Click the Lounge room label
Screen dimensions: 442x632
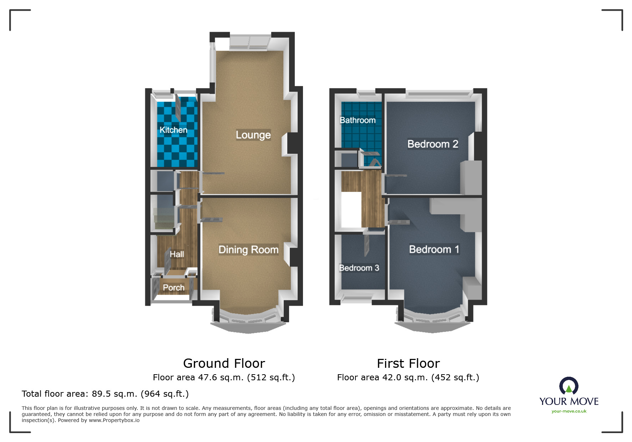[253, 135]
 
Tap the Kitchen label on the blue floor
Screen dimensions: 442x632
[173, 130]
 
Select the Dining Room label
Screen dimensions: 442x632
[248, 250]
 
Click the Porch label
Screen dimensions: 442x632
[173, 288]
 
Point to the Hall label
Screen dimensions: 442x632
[177, 254]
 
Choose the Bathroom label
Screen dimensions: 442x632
[358, 120]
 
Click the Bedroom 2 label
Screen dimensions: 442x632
[433, 144]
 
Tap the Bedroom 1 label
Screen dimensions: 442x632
[434, 249]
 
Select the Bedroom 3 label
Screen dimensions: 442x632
[359, 268]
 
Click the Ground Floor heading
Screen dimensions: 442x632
[224, 364]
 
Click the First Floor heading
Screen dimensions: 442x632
[408, 364]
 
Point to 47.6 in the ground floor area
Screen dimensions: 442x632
[207, 377]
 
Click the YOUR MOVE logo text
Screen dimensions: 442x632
[569, 401]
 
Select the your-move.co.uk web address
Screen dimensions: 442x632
[569, 411]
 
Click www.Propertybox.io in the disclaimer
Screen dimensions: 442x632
[114, 420]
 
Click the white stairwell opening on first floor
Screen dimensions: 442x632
[351, 209]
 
